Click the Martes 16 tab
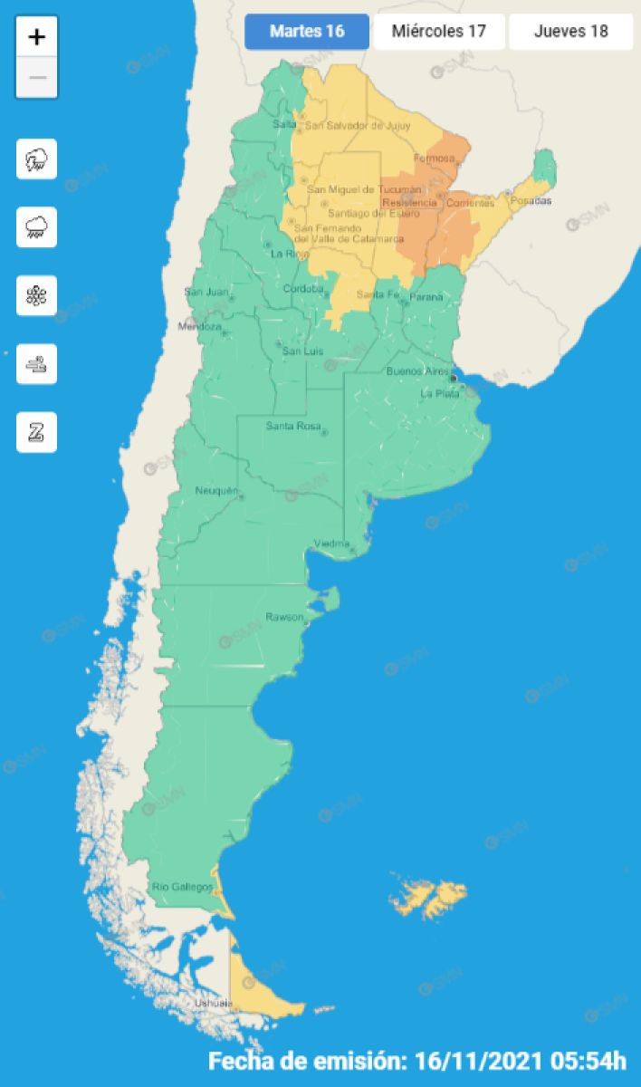[x=307, y=32]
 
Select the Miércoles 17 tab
[x=439, y=32]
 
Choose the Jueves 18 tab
[x=570, y=32]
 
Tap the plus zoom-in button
[x=37, y=37]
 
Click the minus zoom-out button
[x=37, y=78]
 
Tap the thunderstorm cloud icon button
[x=37, y=159]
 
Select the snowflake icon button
[x=37, y=296]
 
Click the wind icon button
[x=37, y=364]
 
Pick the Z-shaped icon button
[x=37, y=432]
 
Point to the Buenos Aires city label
[x=416, y=371]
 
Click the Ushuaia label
[x=214, y=1004]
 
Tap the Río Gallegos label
[x=182, y=886]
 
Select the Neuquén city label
[x=217, y=491]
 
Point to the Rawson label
[x=283, y=617]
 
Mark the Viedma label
[x=331, y=543]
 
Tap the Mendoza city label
[x=200, y=326]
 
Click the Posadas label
[x=530, y=201]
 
